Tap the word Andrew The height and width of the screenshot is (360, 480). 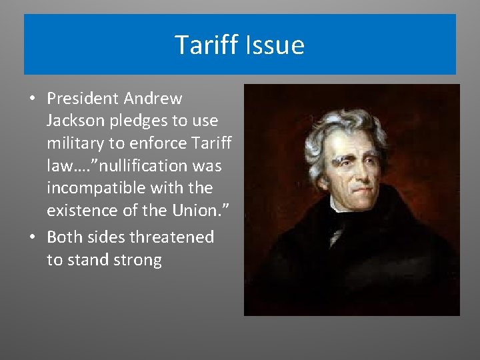click(152, 99)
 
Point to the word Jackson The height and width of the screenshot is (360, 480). click(75, 122)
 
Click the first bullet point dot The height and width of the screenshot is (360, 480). click(33, 99)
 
